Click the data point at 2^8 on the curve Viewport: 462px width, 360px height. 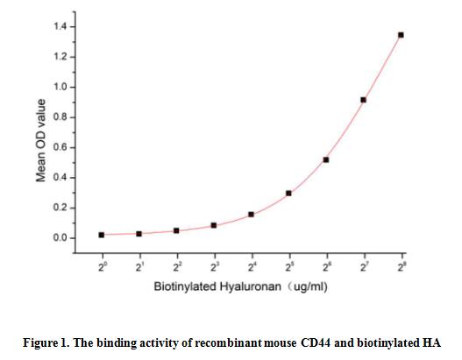click(401, 35)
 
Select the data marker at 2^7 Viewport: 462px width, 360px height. click(363, 100)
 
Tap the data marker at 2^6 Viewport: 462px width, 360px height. click(326, 159)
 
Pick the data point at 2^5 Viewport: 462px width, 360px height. click(288, 193)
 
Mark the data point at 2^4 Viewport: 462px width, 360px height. click(252, 215)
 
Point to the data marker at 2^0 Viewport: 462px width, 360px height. click(102, 235)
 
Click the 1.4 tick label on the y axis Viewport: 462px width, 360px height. click(57, 27)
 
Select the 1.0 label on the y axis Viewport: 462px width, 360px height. click(57, 88)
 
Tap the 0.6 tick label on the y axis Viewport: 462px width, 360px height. click(57, 148)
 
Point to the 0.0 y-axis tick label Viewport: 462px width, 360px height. click(57, 238)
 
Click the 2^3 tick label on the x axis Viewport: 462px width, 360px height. click(214, 265)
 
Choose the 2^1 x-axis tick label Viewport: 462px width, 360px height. click(139, 265)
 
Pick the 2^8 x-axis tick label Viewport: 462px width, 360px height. click(401, 265)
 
